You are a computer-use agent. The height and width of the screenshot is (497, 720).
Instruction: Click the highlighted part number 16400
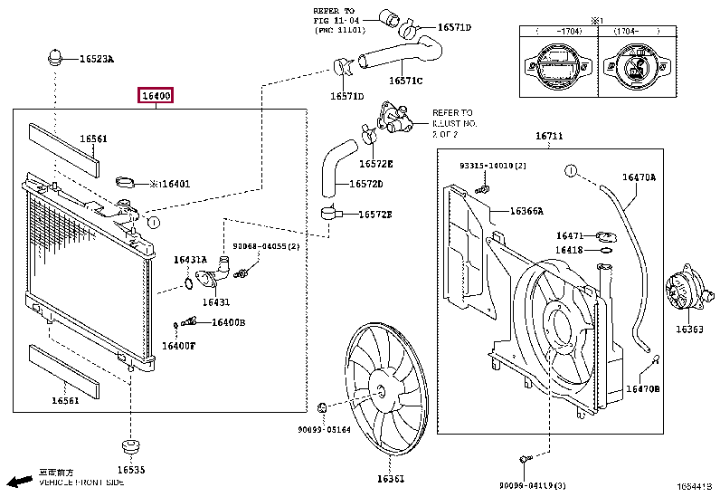(x=155, y=96)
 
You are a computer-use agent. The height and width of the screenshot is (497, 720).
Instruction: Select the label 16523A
(x=96, y=60)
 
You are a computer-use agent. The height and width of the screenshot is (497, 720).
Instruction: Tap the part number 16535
(x=131, y=470)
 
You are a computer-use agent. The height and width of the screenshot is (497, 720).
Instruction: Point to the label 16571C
(x=406, y=81)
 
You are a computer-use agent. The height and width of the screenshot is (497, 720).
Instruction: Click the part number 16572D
(x=366, y=185)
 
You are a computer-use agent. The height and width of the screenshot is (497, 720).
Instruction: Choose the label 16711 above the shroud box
(x=548, y=137)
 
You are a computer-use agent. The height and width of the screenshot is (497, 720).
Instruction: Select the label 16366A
(x=526, y=211)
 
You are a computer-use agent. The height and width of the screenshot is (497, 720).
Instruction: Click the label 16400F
(x=178, y=345)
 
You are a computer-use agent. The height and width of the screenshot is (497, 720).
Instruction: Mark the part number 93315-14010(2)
(x=493, y=167)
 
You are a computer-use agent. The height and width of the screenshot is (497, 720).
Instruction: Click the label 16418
(x=569, y=250)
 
